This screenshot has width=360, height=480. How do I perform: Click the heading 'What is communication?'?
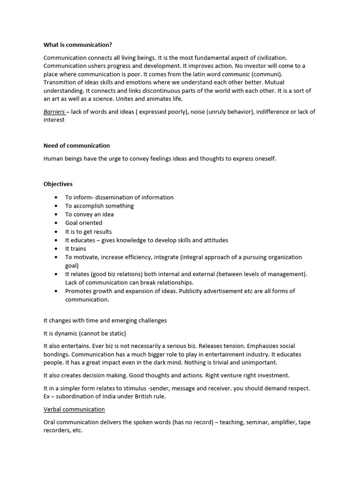click(x=78, y=45)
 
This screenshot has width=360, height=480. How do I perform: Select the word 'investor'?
click(x=275, y=66)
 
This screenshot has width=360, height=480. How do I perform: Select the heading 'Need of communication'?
click(x=76, y=145)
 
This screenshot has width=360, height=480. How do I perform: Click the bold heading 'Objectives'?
click(x=58, y=184)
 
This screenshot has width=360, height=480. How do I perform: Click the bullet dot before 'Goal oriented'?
click(x=56, y=223)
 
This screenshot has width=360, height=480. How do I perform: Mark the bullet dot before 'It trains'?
click(x=56, y=249)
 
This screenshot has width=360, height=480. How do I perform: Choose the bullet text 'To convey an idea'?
click(x=89, y=214)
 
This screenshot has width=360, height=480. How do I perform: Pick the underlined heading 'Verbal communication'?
click(x=74, y=409)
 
